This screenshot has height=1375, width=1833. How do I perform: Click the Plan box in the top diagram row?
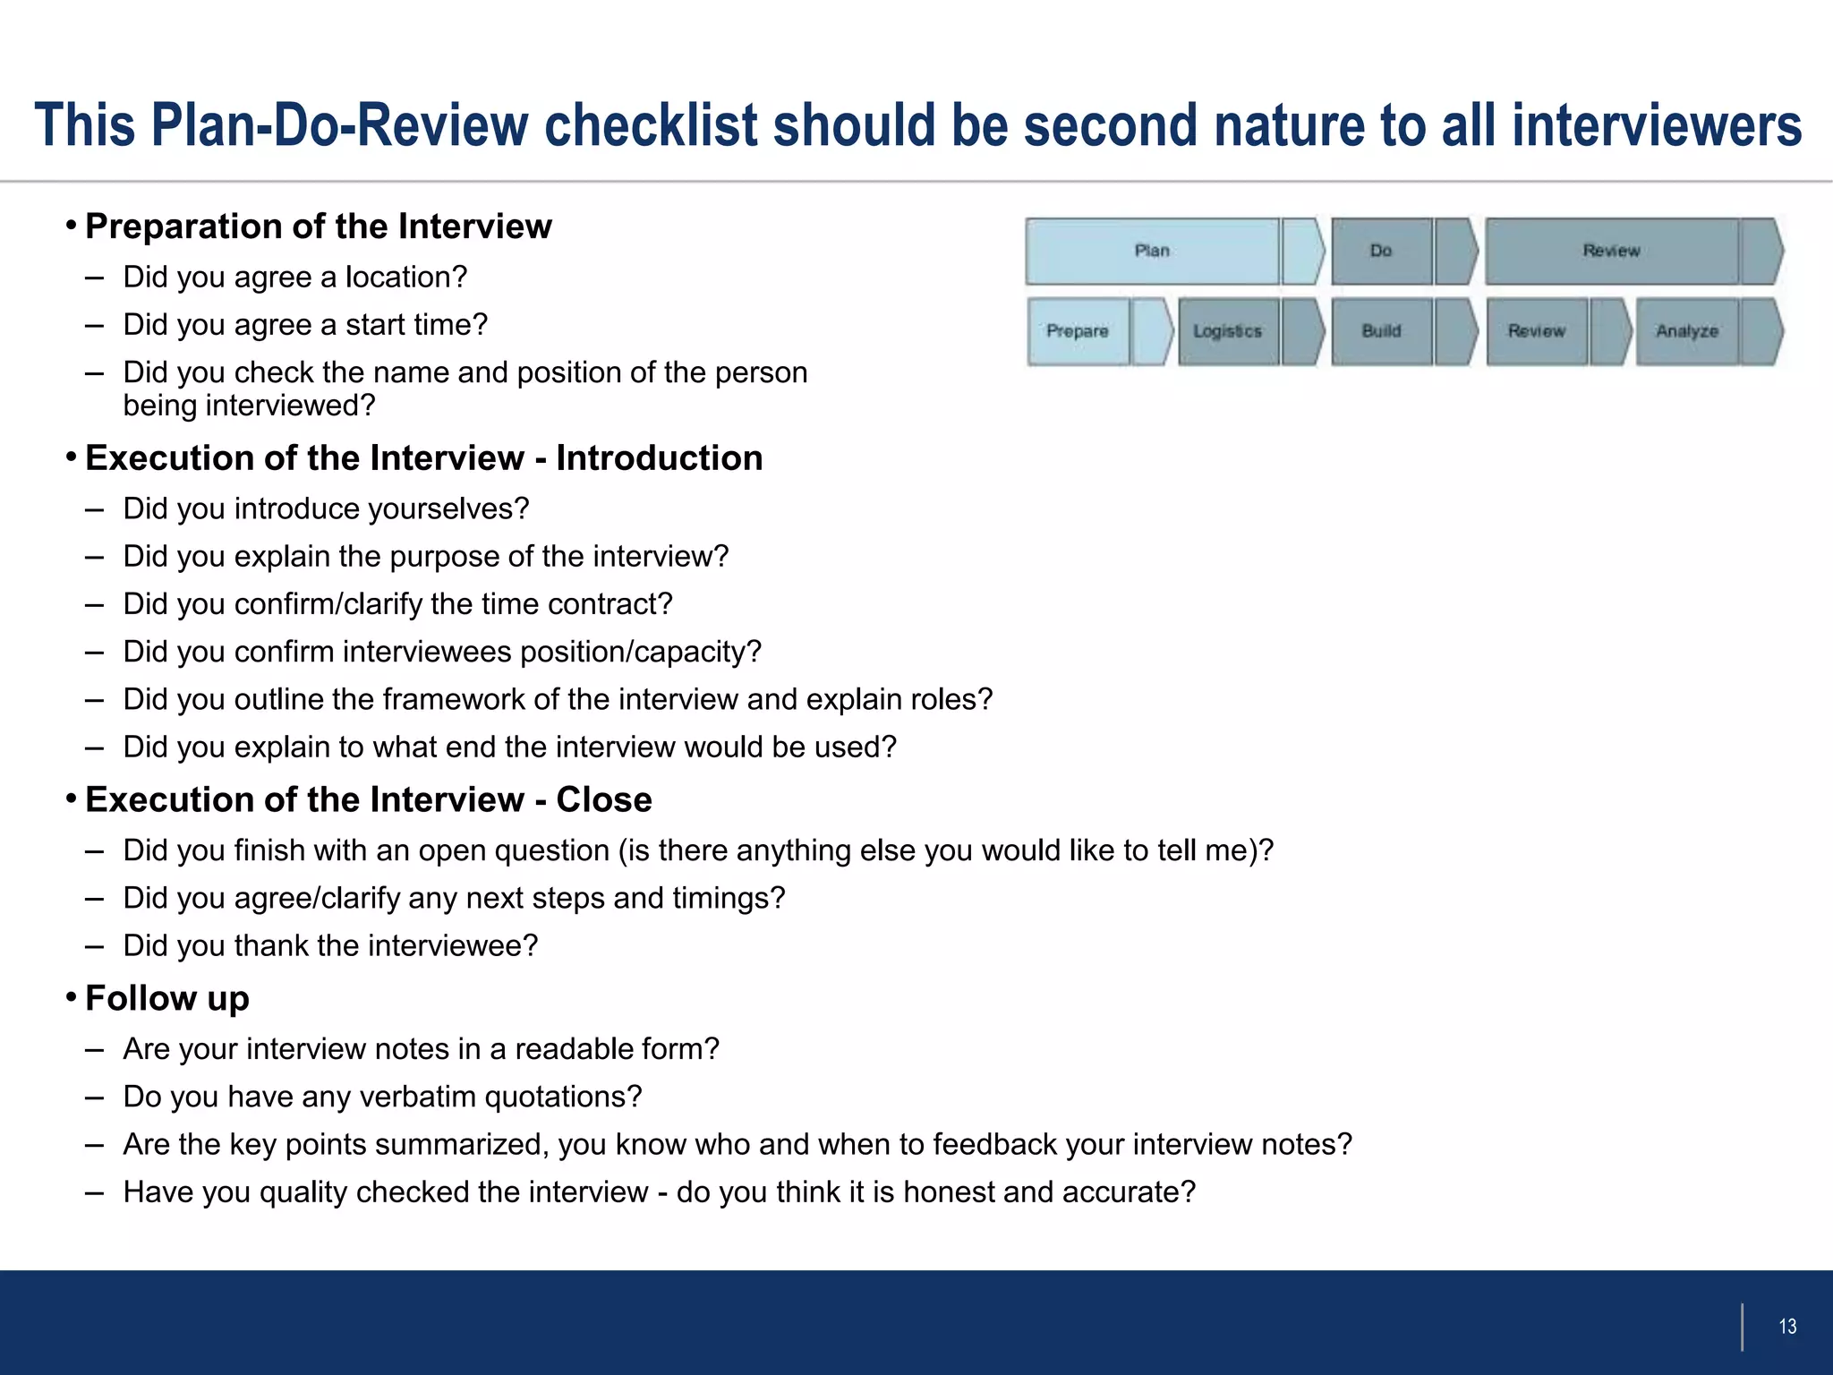tap(1152, 252)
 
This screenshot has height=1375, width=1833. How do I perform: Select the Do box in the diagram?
tap(1381, 252)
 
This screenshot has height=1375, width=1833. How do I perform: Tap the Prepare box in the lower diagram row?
tap(1078, 331)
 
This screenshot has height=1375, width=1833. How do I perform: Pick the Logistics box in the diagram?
tap(1227, 331)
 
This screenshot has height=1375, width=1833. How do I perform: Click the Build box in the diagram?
tap(1381, 331)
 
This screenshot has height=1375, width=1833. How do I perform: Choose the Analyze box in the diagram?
tap(1687, 331)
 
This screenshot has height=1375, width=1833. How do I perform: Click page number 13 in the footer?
tap(1787, 1327)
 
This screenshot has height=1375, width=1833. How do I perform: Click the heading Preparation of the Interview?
tap(318, 226)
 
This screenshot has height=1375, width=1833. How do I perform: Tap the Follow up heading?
tap(166, 998)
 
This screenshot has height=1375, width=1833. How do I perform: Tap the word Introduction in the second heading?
tap(659, 458)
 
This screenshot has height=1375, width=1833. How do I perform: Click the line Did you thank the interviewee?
tap(330, 945)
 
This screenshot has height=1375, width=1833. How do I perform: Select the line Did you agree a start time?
tap(305, 325)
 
